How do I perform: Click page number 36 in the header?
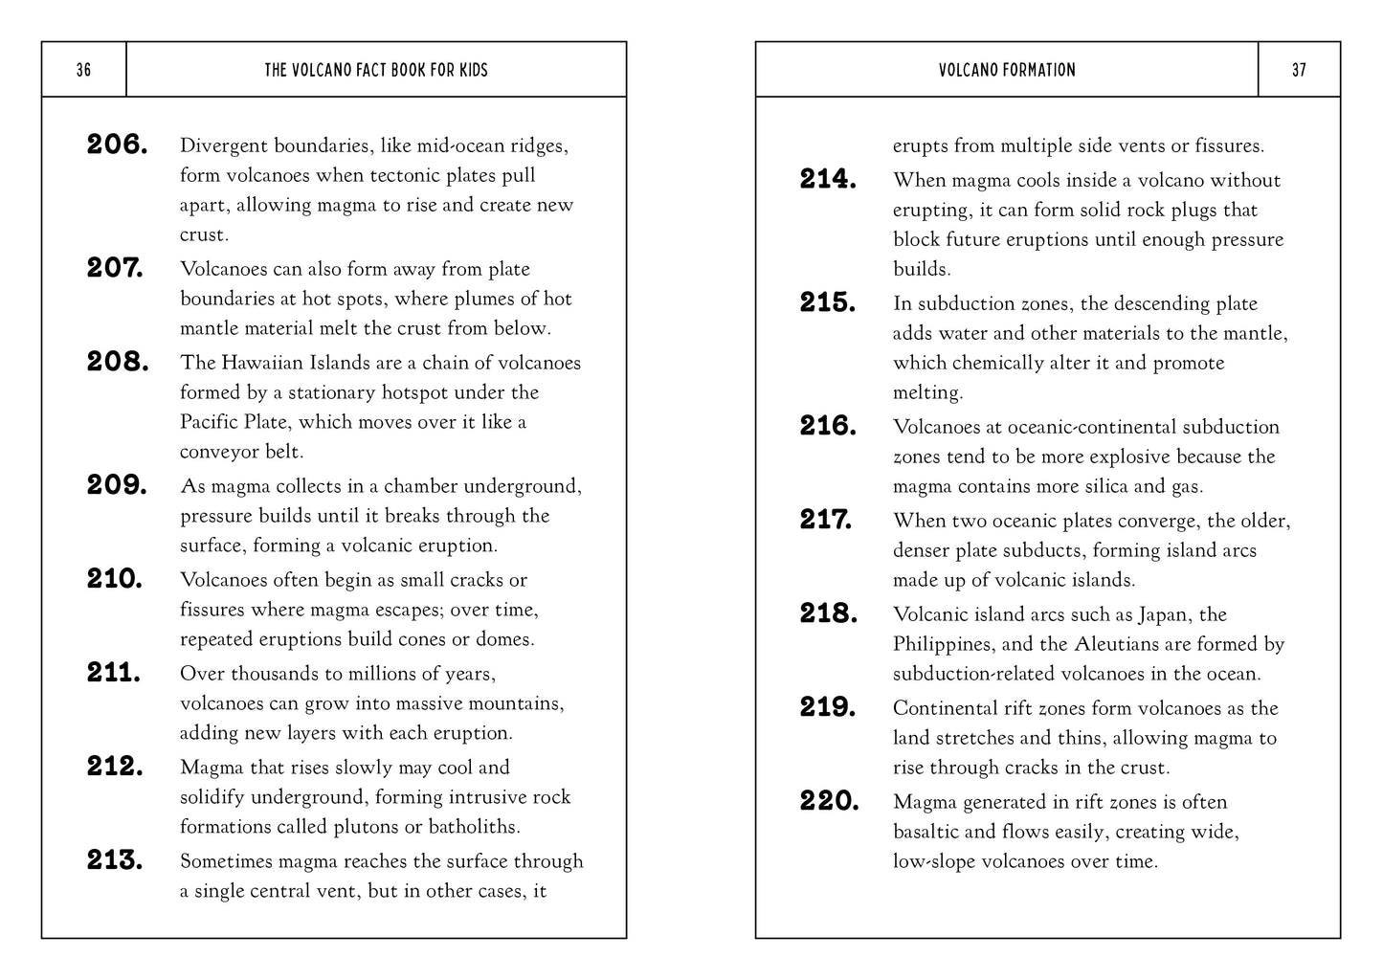coord(83,70)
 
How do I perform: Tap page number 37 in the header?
coord(1299,70)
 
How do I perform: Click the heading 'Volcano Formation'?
coord(1007,70)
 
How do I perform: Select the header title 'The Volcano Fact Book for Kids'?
coord(376,70)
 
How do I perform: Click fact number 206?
coord(117,145)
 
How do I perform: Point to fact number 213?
coord(115,860)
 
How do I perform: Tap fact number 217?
coord(826,520)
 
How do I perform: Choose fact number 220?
coord(830,801)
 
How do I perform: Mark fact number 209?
coord(117,485)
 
